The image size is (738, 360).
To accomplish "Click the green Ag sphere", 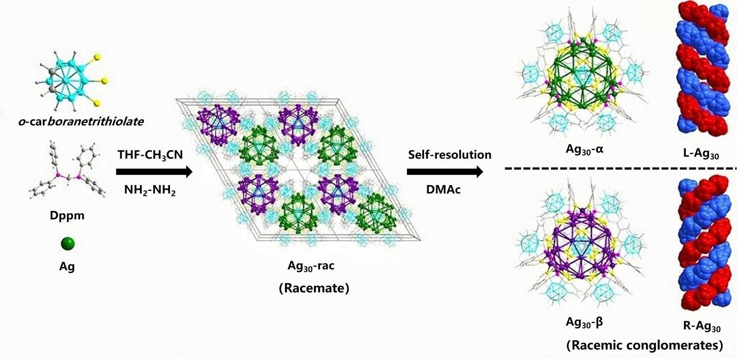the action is coord(68,244).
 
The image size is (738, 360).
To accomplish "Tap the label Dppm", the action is coord(67,215).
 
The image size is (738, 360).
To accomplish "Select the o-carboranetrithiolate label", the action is coord(81,121).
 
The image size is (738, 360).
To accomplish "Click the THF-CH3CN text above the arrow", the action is coord(150,155).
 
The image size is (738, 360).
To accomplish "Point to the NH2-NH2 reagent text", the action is coord(150,190).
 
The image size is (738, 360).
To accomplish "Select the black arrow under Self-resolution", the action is coord(445,172).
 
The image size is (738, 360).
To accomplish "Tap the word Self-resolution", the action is coord(449,155).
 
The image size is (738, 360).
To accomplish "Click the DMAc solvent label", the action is coord(443,189).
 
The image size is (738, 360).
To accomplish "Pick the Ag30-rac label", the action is coord(311,266).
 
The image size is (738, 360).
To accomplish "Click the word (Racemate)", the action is coord(314,288).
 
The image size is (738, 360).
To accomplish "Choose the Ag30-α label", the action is coord(584,150).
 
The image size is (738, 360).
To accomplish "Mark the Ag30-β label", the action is coord(584,322).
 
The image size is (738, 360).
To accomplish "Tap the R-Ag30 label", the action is coord(701,326).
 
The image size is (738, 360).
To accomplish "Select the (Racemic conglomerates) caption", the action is coord(644,345).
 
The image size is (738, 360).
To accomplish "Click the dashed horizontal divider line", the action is coord(620,168).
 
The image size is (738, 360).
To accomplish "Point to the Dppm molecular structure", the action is coord(68,170).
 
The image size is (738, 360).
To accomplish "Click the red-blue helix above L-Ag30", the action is coord(703,68).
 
